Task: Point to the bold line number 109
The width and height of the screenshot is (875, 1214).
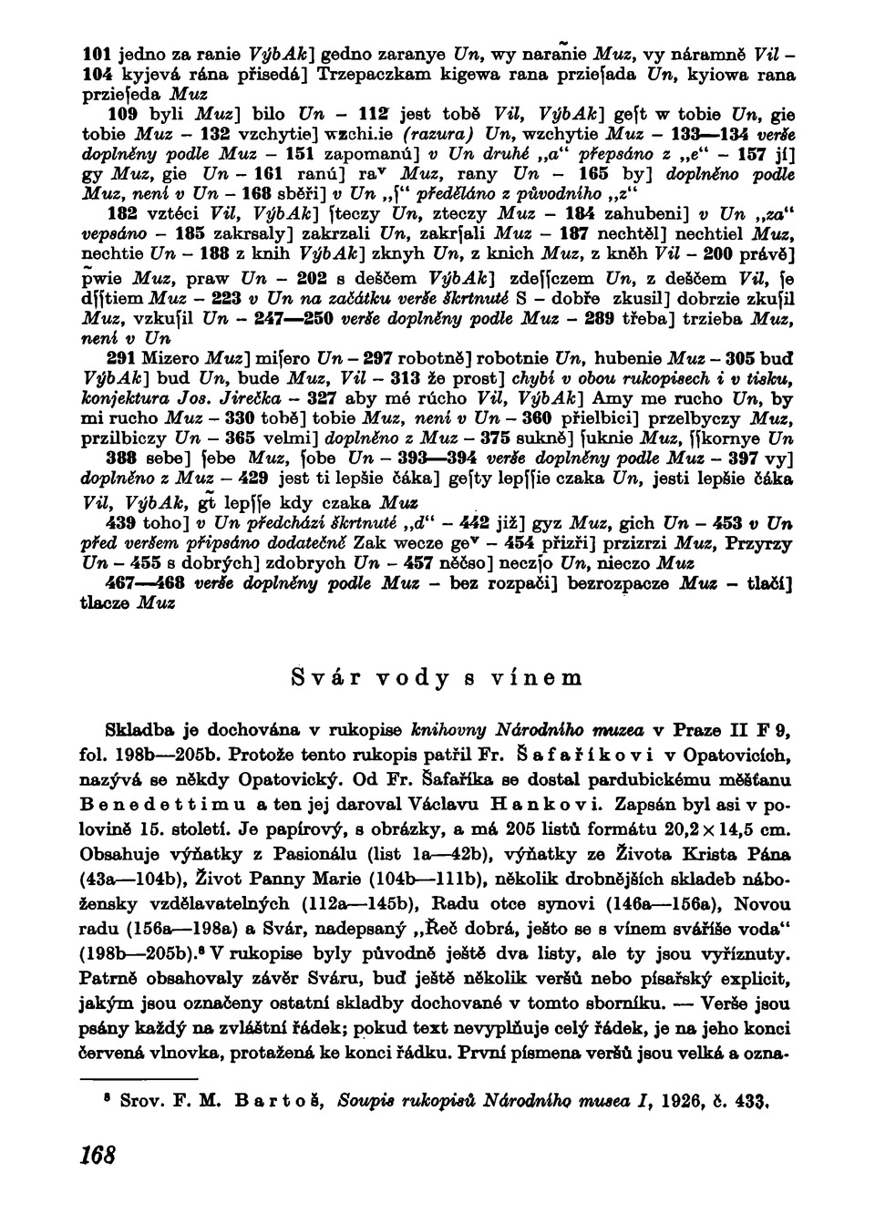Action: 122,115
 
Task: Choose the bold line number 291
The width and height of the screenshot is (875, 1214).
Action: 122,355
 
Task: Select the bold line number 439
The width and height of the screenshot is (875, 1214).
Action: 122,523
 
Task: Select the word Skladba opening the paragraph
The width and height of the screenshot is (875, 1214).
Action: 138,730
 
